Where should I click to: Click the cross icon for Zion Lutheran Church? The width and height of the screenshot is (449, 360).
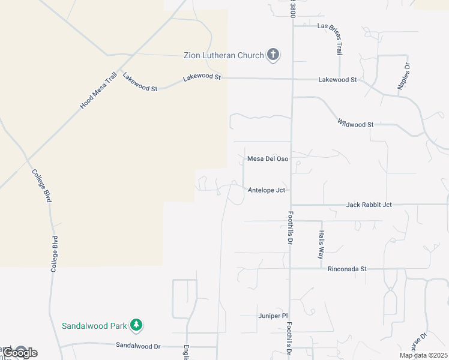click(x=273, y=56)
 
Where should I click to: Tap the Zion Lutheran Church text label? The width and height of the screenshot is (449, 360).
click(x=223, y=56)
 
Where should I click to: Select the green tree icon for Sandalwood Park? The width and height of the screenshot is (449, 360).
click(x=137, y=325)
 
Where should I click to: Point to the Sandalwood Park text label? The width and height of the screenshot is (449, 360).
click(x=94, y=326)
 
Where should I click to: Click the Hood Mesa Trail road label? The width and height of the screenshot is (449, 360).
click(x=97, y=91)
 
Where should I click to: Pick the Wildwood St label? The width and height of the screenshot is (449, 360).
click(x=355, y=124)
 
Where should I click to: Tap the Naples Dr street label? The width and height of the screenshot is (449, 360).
click(x=403, y=76)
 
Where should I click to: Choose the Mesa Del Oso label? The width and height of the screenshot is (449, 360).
click(x=268, y=159)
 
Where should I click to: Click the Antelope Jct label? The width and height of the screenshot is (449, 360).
click(x=266, y=190)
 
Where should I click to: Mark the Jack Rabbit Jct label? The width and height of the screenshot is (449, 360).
click(x=369, y=205)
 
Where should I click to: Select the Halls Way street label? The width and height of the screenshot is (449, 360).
click(x=322, y=245)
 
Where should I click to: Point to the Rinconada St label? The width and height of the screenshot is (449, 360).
click(x=347, y=269)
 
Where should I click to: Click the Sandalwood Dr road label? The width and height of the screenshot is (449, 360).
click(x=138, y=346)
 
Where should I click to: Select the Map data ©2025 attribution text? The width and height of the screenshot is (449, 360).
click(x=423, y=355)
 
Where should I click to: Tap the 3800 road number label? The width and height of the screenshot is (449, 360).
click(x=293, y=9)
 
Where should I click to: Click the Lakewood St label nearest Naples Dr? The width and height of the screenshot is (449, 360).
click(x=337, y=79)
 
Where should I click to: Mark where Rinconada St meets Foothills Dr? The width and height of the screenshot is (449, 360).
click(x=291, y=269)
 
